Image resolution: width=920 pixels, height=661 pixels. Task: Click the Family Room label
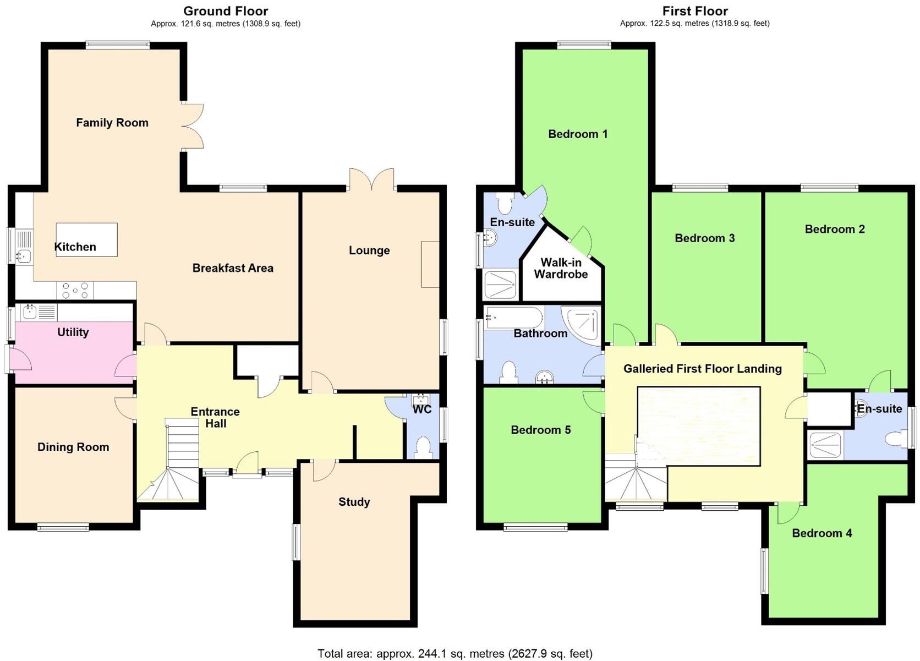(x=112, y=123)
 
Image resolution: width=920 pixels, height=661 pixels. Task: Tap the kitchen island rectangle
(x=86, y=239)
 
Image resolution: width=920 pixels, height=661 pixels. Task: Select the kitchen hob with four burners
(x=75, y=290)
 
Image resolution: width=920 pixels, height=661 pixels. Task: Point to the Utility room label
(x=73, y=332)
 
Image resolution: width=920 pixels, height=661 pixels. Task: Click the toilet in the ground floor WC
(x=423, y=447)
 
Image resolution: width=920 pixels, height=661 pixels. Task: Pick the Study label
(x=354, y=502)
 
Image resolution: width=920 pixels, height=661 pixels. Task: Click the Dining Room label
(x=73, y=447)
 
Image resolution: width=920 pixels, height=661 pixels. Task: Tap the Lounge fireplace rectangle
(x=430, y=264)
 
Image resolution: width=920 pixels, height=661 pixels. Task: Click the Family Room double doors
(x=192, y=126)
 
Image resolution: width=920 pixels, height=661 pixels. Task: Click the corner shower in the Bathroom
(x=583, y=325)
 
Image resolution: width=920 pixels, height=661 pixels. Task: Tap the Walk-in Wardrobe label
(x=561, y=269)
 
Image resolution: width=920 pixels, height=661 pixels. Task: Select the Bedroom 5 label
(x=540, y=430)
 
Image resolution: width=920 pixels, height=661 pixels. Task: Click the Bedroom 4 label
(x=822, y=533)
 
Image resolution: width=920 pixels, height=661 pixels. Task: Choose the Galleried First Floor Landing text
(x=702, y=369)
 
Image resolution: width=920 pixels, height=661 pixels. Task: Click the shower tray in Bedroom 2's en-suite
(x=825, y=445)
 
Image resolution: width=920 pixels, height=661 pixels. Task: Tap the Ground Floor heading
(x=226, y=11)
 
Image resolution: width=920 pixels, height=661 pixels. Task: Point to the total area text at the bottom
(x=455, y=653)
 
